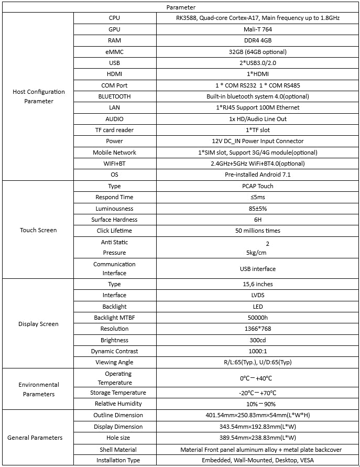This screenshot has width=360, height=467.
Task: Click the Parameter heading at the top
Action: click(181, 7)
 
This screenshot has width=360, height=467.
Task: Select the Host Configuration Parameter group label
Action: click(39, 96)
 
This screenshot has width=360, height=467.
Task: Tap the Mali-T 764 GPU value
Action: click(257, 29)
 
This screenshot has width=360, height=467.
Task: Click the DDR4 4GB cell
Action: click(257, 40)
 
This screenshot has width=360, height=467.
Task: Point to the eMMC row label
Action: click(114, 52)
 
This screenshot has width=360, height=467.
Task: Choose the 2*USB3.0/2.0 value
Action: click(257, 63)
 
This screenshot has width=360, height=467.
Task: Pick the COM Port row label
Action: click(114, 85)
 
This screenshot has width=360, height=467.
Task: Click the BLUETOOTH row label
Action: click(114, 96)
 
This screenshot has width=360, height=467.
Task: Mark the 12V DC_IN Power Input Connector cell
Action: click(257, 141)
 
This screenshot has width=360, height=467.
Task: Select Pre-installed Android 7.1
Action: click(257, 175)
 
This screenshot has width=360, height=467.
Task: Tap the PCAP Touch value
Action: click(257, 186)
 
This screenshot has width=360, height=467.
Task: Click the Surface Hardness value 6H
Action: click(257, 220)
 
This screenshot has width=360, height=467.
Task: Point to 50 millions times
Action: click(257, 231)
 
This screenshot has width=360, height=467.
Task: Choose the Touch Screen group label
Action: click(39, 230)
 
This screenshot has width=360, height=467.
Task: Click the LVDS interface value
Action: click(257, 295)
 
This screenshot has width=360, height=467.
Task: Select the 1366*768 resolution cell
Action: click(257, 329)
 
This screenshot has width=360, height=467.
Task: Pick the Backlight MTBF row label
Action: click(114, 318)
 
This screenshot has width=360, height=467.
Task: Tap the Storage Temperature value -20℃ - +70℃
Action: click(257, 393)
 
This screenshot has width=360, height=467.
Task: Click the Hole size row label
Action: click(114, 438)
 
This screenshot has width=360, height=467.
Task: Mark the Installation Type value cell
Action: click(257, 460)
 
